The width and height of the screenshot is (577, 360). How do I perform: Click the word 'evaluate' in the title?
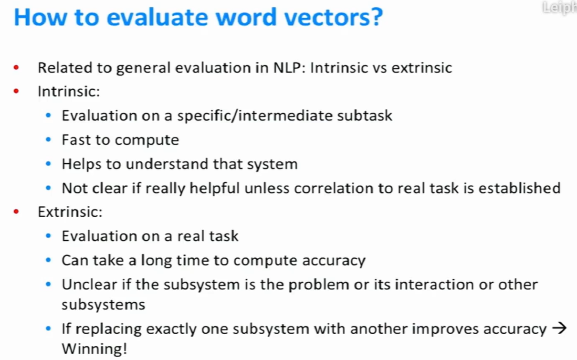point(157,17)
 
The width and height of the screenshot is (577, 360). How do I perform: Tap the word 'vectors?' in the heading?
point(334,17)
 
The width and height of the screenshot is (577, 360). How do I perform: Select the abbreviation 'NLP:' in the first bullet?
point(290,68)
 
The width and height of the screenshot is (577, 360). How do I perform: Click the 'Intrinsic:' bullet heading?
point(69,91)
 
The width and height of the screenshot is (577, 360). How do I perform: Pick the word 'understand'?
point(167,164)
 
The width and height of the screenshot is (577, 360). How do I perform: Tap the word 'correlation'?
point(334,188)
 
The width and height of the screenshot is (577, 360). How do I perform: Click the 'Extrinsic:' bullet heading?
point(70,212)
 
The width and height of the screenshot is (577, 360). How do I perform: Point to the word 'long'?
point(157,260)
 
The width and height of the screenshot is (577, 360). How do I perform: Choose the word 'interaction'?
point(434,285)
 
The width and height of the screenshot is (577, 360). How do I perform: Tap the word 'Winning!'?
point(94,349)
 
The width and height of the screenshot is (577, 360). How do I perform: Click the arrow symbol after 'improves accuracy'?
point(559,328)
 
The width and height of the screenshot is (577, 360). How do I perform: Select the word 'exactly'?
point(171,329)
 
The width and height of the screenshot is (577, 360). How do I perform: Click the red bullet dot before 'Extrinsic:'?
point(16,212)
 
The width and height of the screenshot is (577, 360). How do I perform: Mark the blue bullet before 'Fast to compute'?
point(48,140)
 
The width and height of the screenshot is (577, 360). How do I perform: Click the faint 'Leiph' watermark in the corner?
point(559,8)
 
